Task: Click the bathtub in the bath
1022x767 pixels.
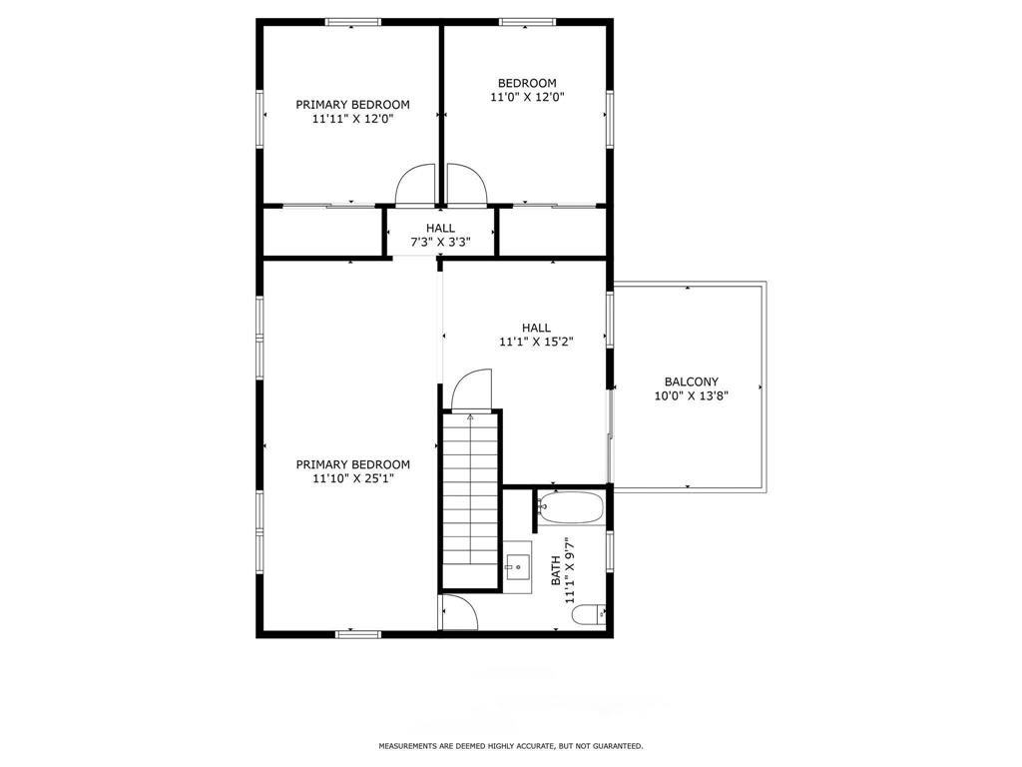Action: pos(571,506)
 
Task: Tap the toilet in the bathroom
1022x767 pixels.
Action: pos(589,614)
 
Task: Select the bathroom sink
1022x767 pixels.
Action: pos(518,567)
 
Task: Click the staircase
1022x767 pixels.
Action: pos(471,499)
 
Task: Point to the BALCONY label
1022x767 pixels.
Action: pos(692,382)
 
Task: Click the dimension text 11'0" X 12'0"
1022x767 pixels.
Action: pos(527,97)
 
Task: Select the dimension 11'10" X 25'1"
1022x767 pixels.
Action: pos(353,478)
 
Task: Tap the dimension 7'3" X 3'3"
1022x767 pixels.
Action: pos(440,242)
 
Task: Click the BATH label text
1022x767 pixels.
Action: pos(556,570)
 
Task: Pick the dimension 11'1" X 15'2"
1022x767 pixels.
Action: pos(536,342)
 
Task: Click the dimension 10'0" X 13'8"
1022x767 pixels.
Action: pos(692,395)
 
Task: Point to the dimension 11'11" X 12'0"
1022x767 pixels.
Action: pos(353,119)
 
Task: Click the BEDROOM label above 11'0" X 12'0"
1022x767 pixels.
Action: pos(527,83)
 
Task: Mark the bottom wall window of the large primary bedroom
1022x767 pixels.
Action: pos(358,633)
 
